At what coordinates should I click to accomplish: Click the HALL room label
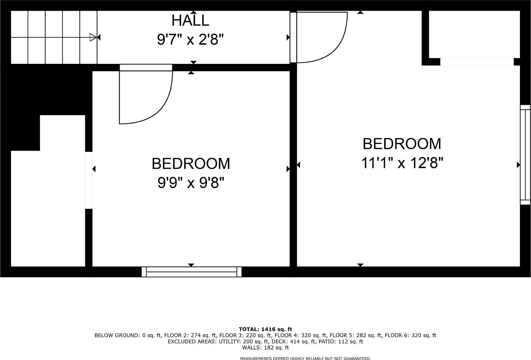click(190, 20)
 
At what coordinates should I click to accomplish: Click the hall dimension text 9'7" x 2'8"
click(190, 40)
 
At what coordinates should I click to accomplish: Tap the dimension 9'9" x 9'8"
click(191, 183)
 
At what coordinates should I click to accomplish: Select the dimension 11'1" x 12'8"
click(402, 163)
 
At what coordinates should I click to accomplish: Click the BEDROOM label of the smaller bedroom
click(191, 164)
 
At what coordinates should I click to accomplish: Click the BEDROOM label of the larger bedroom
click(402, 144)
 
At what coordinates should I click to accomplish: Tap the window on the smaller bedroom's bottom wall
click(191, 272)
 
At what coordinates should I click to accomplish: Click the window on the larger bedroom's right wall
click(525, 155)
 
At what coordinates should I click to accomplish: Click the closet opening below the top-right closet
click(477, 62)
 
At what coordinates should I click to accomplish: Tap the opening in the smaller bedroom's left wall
click(89, 180)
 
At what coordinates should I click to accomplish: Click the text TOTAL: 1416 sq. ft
click(265, 329)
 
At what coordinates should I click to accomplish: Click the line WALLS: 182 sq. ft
click(265, 348)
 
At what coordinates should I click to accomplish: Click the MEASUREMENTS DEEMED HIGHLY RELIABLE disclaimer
click(305, 358)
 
